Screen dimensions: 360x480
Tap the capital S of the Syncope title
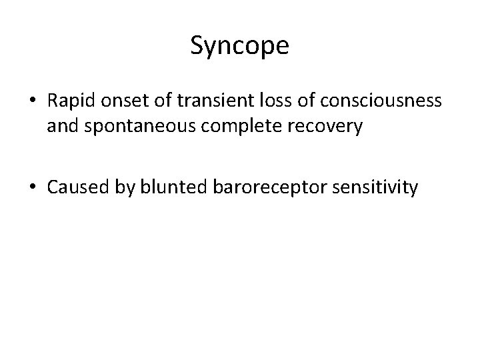click(197, 45)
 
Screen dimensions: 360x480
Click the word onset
click(120, 102)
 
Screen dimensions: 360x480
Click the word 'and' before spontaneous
click(61, 126)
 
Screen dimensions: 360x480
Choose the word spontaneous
click(135, 127)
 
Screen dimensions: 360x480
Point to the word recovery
click(329, 127)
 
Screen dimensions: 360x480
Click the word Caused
click(76, 187)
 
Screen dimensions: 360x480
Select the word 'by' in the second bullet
click(122, 189)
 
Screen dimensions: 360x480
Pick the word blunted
click(171, 187)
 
